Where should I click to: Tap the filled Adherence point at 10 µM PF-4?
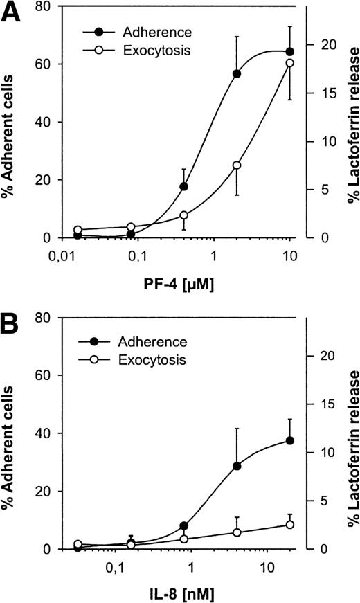[290, 52]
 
